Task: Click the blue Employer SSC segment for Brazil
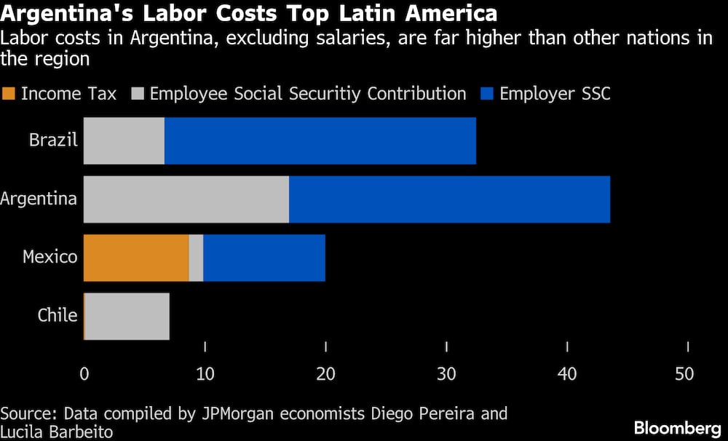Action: [x=320, y=141]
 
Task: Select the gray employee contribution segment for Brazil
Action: [x=124, y=141]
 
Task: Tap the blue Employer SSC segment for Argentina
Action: [x=449, y=199]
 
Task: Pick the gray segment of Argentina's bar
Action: [x=186, y=199]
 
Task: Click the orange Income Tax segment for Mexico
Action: [x=136, y=258]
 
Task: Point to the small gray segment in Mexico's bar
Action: [x=196, y=258]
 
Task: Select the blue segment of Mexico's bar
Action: [x=264, y=258]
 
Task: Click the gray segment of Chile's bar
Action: [x=127, y=316]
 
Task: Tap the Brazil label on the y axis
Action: [x=53, y=140]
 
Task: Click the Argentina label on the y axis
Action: [x=39, y=198]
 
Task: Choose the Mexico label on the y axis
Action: [x=50, y=256]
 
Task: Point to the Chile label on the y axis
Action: [x=58, y=314]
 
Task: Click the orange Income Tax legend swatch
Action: [x=9, y=94]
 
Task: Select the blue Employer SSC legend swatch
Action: [x=487, y=94]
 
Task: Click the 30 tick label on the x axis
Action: [x=446, y=374]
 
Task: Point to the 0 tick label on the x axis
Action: [x=84, y=374]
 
